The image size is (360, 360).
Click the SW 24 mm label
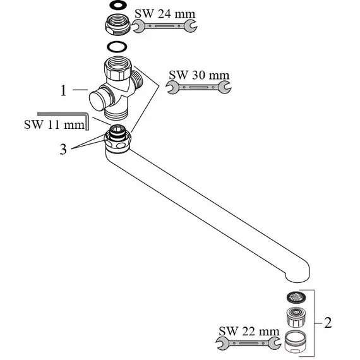[x=165, y=13]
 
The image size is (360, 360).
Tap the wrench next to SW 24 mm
[x=164, y=26]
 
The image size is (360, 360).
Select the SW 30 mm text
[x=199, y=75]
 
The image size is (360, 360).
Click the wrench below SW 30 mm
[x=198, y=87]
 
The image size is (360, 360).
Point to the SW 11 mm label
[x=54, y=124]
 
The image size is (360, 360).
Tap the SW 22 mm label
[x=249, y=331]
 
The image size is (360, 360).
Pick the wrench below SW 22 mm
[x=248, y=344]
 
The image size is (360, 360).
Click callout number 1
[x=63, y=90]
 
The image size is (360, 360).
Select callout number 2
[x=328, y=323]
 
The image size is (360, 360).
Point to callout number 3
[x=63, y=149]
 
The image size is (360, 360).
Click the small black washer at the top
[x=118, y=5]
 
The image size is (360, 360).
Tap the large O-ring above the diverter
[x=117, y=47]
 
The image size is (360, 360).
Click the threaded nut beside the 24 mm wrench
[x=118, y=25]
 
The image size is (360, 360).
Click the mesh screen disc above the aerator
[x=296, y=297]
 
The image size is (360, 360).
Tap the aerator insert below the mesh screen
[x=296, y=317]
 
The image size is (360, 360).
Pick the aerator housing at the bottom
[x=294, y=340]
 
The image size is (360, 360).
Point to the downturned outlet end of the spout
[x=297, y=273]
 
